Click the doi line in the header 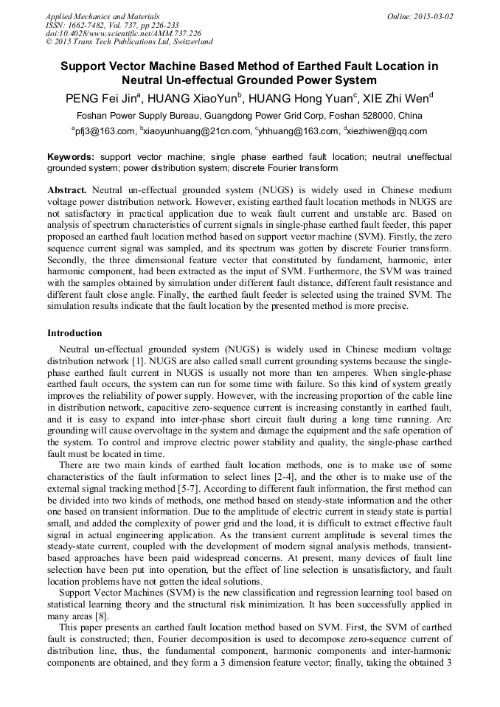coord(123,33)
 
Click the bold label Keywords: coord(71,157)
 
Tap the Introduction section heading coord(74,333)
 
